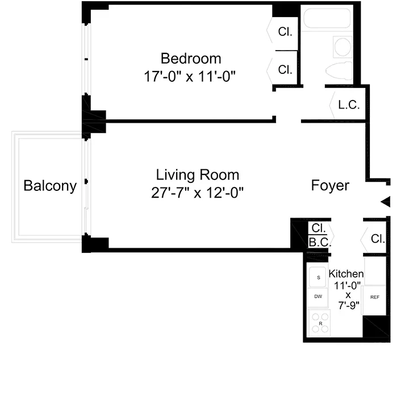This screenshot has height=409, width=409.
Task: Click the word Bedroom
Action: pyautogui.click(x=191, y=59)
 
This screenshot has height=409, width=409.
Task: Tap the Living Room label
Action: pyautogui.click(x=198, y=175)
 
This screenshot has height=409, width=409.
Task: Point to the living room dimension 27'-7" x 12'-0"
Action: pyautogui.click(x=198, y=193)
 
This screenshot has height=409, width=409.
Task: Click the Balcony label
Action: pyautogui.click(x=50, y=186)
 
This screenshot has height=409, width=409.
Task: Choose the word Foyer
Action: pyautogui.click(x=330, y=186)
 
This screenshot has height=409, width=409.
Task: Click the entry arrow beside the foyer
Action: pyautogui.click(x=386, y=202)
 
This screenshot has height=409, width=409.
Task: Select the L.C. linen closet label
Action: pyautogui.click(x=348, y=105)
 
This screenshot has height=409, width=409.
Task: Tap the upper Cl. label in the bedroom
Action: pyautogui.click(x=285, y=32)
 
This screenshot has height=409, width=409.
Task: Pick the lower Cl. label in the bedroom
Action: pyautogui.click(x=285, y=70)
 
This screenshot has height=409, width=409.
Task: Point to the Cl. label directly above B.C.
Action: pyautogui.click(x=318, y=228)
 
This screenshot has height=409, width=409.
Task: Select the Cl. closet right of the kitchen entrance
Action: pyautogui.click(x=378, y=239)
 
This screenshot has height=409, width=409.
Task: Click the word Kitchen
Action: pyautogui.click(x=346, y=274)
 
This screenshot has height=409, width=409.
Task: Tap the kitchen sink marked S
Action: pyautogui.click(x=318, y=277)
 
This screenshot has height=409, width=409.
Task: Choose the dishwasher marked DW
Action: pyautogui.click(x=318, y=297)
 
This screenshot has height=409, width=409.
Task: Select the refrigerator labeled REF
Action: pyautogui.click(x=374, y=297)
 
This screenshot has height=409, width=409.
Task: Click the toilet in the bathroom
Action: pyautogui.click(x=340, y=72)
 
